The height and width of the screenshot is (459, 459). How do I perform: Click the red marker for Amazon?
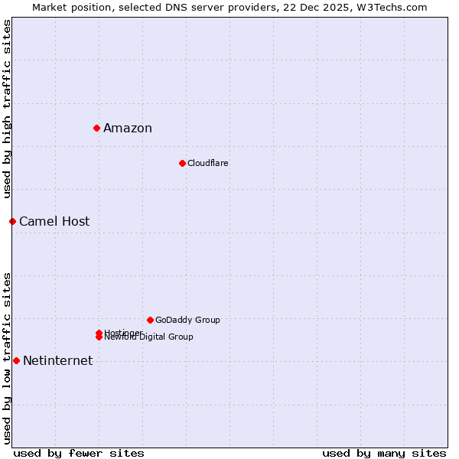[x=97, y=128]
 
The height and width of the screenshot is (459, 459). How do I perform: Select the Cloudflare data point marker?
[x=182, y=163]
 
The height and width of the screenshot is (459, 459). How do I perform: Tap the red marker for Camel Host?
[x=12, y=221]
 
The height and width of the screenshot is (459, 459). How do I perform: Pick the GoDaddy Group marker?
[x=150, y=320]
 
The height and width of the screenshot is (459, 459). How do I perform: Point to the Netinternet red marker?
[x=16, y=360]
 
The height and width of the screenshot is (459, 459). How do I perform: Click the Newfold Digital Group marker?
[x=99, y=337]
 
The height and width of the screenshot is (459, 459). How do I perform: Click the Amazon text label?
[x=128, y=129]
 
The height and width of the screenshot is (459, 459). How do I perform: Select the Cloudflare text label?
[x=208, y=163]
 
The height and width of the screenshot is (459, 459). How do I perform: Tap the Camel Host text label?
[x=54, y=222]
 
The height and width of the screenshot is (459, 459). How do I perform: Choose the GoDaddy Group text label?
[x=187, y=320]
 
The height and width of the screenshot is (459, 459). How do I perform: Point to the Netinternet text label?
[x=58, y=361]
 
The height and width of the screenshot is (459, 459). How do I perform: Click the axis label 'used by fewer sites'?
[x=79, y=453]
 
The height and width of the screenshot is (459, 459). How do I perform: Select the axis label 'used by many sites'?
[x=384, y=453]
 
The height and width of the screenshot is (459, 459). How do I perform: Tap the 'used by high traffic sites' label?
[x=7, y=109]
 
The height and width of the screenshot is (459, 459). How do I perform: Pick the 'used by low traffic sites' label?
[x=7, y=357]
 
